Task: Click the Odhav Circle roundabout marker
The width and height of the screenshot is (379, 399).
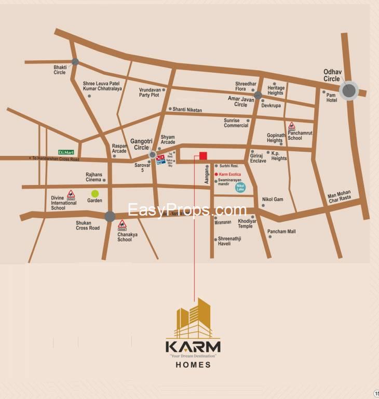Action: coord(349,91)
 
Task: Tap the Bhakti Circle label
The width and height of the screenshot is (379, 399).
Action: coord(60,70)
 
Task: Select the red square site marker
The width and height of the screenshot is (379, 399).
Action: coord(204,155)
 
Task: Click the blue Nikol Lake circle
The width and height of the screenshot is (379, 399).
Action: coord(240,187)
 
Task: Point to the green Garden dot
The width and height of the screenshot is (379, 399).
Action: coord(95,194)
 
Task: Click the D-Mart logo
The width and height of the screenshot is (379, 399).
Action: coord(66,152)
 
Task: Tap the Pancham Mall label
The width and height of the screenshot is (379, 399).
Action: coord(281,231)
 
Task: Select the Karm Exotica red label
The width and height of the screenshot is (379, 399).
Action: coord(230,174)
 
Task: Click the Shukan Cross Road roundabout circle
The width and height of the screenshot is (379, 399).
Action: coord(110,216)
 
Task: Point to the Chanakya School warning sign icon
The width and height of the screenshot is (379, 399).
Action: coord(122,225)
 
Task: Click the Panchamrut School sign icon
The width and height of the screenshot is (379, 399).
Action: coord(292,126)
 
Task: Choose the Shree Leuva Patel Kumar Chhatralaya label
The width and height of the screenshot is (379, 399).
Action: coord(102,86)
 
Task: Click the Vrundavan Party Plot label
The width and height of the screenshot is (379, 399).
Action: coord(149,92)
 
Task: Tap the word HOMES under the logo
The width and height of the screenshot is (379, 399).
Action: coord(193,365)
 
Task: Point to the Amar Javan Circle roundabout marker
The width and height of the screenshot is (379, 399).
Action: coord(258,95)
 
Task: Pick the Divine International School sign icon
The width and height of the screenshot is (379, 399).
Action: coord(71,194)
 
